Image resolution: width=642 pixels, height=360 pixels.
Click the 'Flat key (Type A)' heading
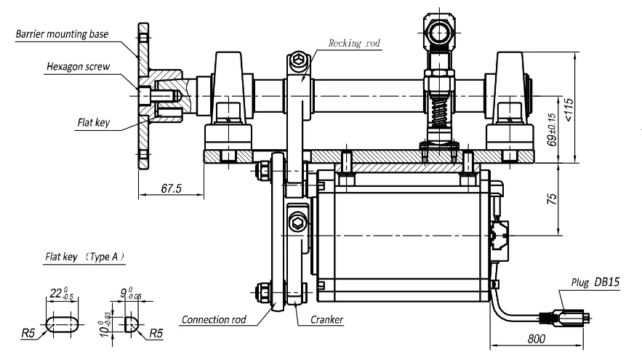(85, 257)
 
